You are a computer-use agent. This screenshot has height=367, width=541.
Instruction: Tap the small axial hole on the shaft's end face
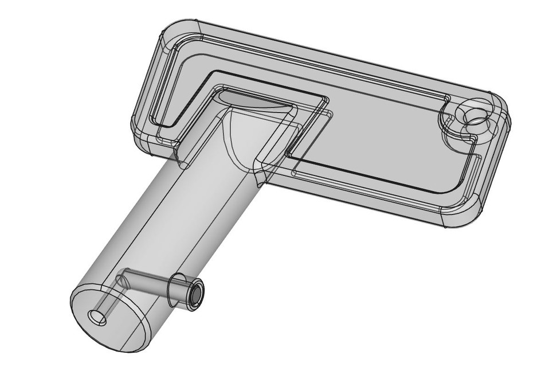[x=97, y=317]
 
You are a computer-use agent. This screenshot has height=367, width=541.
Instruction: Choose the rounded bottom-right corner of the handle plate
[x=458, y=215]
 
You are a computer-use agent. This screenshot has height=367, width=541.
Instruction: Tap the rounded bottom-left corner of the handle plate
[x=143, y=143]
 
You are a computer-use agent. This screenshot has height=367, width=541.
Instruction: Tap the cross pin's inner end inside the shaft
[x=121, y=279]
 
